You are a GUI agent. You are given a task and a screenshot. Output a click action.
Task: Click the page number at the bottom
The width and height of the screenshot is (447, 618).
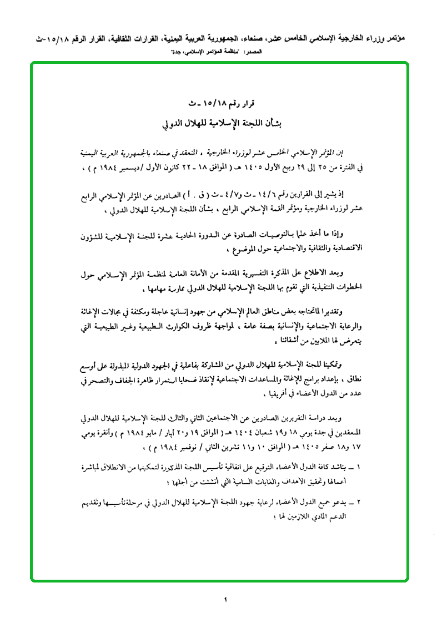(227, 599)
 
